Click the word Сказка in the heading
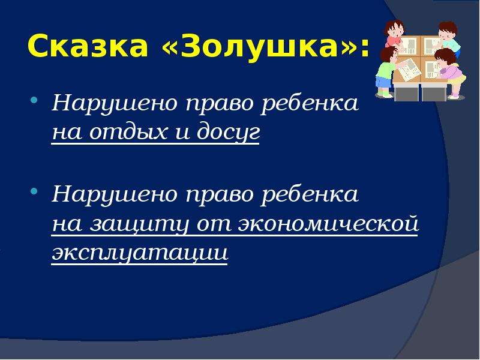click(x=88, y=47)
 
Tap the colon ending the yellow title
click(x=364, y=49)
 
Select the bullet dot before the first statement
click(x=34, y=100)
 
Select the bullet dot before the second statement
click(x=34, y=191)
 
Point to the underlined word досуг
click(x=228, y=133)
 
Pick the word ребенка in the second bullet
click(x=310, y=194)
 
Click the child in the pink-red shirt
click(x=394, y=33)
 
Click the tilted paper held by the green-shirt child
click(x=409, y=70)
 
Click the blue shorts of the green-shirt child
click(x=383, y=82)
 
